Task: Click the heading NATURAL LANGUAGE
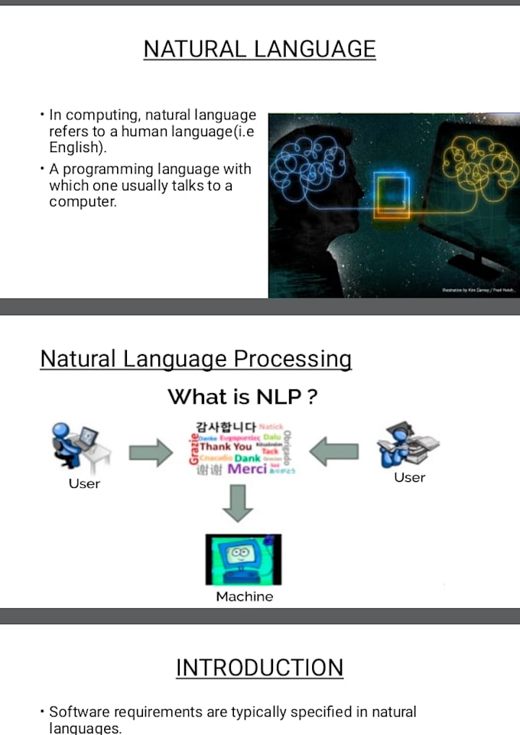(x=259, y=49)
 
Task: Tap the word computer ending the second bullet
(x=82, y=202)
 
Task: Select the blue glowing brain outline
(x=308, y=160)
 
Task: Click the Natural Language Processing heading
(x=196, y=359)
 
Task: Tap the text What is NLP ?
(x=242, y=397)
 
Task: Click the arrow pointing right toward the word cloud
(x=151, y=453)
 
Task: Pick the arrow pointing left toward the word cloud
(x=333, y=452)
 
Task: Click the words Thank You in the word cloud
(x=226, y=446)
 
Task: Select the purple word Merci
(x=247, y=469)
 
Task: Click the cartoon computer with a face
(x=243, y=558)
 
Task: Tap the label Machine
(x=244, y=597)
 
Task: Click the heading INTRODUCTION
(x=259, y=667)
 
